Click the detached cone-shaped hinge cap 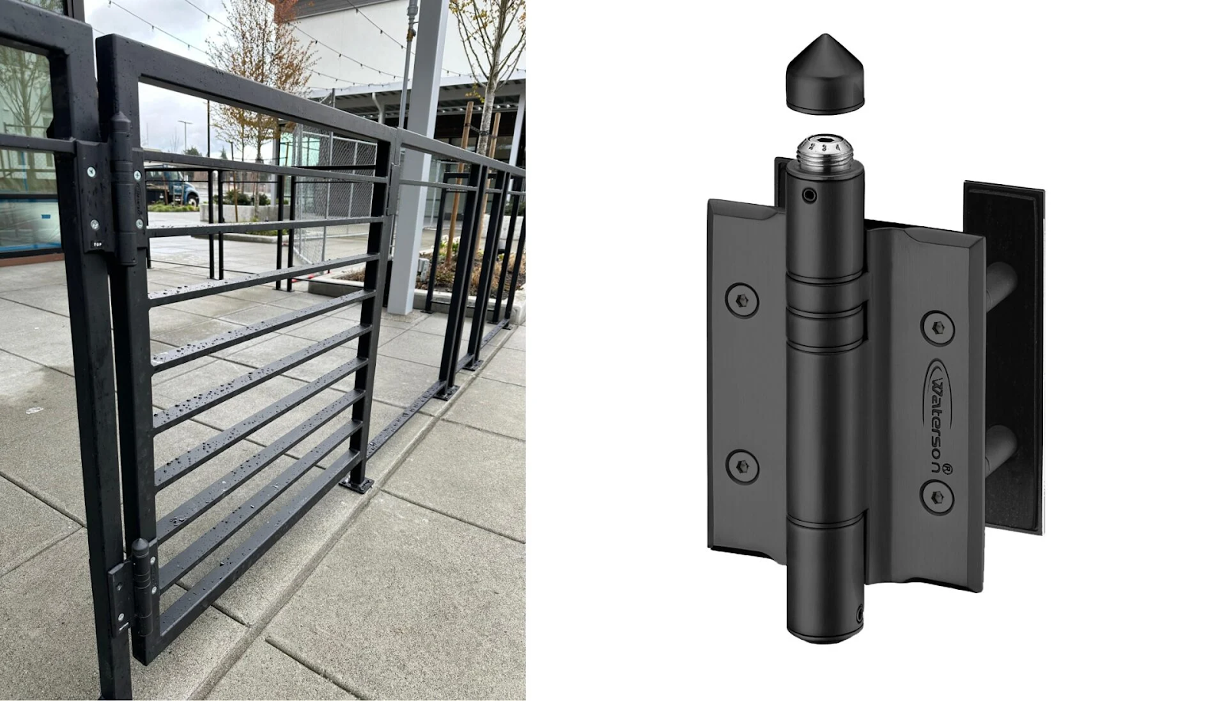point(824,74)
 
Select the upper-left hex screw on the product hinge point(741,299)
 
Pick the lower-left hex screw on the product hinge point(742,466)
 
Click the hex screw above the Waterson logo point(937,327)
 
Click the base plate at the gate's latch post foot point(358,484)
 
